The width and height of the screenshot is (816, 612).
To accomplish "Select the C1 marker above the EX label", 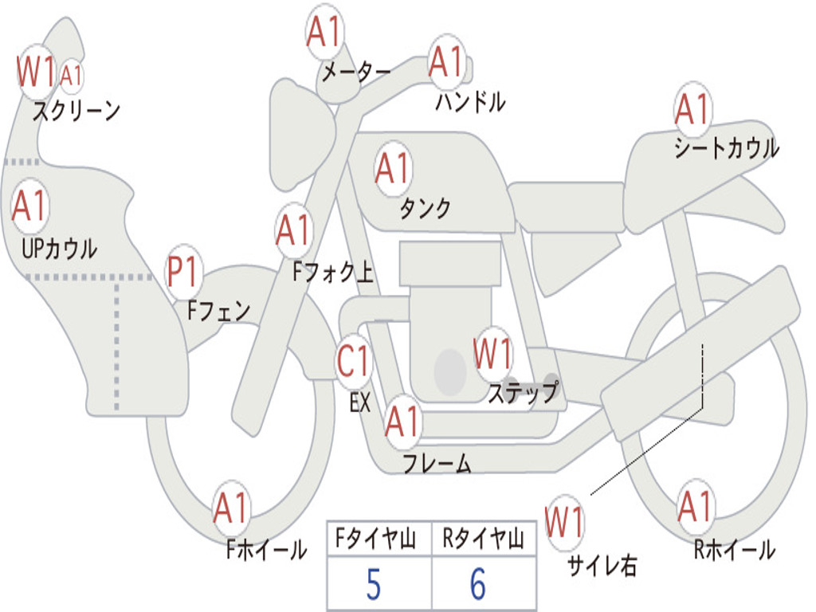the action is pos(354,362).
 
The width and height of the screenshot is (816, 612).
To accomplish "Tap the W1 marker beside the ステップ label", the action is pos(492,354).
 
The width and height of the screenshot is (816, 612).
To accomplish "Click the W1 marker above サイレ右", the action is pos(564,523).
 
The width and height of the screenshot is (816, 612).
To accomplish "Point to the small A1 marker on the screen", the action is pos(71,76).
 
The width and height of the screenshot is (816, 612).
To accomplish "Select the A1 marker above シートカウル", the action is pos(692,110).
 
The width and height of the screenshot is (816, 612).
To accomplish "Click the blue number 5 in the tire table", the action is pos(374,586).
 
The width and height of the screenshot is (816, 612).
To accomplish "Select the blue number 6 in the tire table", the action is pos(478,586).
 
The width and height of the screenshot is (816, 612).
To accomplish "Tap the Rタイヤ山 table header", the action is pos(483,541).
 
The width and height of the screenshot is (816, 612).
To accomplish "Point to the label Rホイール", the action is pos(734,549).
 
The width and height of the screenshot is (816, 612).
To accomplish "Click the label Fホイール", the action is pos(266,549).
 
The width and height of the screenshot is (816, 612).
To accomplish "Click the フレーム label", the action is pos(437,462).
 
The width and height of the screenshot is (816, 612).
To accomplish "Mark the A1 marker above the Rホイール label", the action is pos(696,507).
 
